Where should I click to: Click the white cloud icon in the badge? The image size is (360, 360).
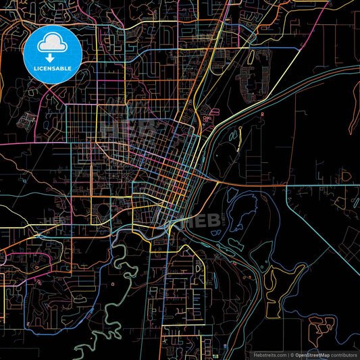[x=52, y=44]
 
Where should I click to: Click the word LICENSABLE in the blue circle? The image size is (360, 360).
[x=52, y=68]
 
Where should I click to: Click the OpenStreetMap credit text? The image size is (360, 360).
[x=313, y=354]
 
